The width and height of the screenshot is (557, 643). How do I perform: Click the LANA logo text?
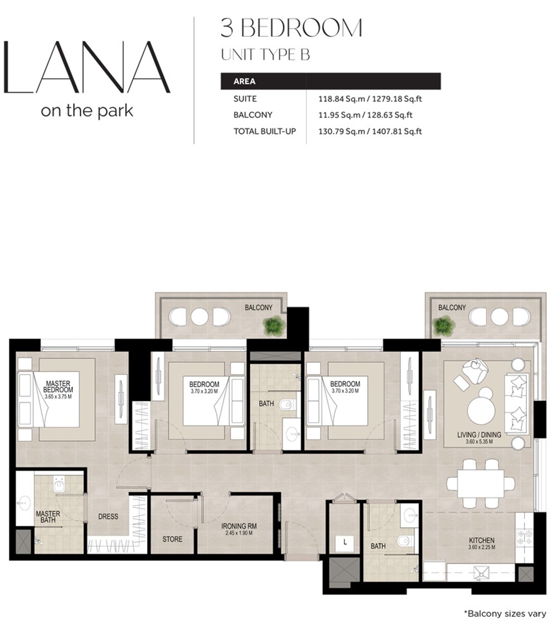(x=86, y=67)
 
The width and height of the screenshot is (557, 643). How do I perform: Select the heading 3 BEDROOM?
(x=291, y=28)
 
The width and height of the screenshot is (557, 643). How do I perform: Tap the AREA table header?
(x=245, y=81)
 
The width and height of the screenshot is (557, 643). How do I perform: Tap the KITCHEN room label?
(x=482, y=540)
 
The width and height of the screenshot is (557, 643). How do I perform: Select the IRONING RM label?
(x=238, y=526)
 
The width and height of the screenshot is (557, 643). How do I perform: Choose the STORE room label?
(x=172, y=539)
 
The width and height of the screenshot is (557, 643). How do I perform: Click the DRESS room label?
(x=108, y=517)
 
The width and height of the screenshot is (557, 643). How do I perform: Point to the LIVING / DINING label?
(x=480, y=435)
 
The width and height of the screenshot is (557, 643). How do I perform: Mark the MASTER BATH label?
(x=48, y=517)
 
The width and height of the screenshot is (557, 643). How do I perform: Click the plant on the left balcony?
(x=275, y=325)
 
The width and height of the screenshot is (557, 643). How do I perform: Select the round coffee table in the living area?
(x=481, y=411)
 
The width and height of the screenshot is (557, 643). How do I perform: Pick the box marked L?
(x=345, y=542)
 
